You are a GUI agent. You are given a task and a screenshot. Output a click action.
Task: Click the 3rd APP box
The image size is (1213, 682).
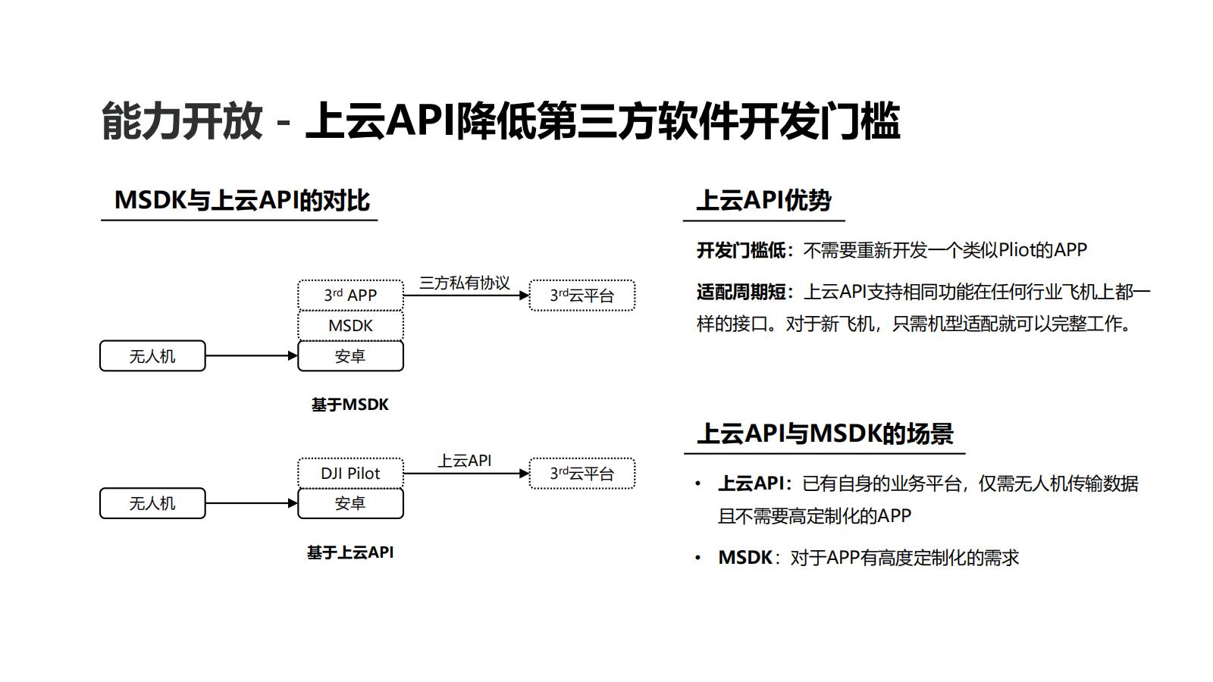point(350,295)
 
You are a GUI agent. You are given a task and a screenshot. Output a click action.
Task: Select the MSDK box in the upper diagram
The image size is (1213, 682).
point(350,326)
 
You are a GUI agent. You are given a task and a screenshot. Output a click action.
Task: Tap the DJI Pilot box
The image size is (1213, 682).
point(350,474)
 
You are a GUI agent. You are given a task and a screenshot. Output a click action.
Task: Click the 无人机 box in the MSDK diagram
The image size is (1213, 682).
point(152,356)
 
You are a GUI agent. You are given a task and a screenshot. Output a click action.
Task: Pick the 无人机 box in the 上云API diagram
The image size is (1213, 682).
point(152,503)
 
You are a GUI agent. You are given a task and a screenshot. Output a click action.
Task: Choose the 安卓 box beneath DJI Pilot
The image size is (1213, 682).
point(350,503)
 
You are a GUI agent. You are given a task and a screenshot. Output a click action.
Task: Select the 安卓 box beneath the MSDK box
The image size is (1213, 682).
point(350,356)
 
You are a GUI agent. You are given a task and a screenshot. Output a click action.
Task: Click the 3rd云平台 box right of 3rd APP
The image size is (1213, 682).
point(581,296)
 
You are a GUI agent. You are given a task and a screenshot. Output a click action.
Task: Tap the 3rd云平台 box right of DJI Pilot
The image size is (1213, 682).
point(581,474)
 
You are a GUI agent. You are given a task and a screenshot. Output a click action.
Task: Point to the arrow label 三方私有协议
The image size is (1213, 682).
point(465,283)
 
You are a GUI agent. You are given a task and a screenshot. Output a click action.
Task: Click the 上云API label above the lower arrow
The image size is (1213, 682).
point(465,460)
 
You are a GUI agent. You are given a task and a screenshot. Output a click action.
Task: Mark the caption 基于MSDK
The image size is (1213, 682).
point(349,405)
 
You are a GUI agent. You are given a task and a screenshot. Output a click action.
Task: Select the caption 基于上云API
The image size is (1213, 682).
point(349,552)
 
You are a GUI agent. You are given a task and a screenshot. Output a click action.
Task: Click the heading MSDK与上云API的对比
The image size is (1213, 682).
point(242,200)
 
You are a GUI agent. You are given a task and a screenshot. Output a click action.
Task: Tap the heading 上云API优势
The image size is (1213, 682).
point(763,200)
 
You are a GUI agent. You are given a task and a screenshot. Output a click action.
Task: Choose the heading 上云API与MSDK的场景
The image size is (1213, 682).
point(825,433)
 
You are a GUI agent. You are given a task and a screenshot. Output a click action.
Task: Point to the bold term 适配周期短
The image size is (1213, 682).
point(741,292)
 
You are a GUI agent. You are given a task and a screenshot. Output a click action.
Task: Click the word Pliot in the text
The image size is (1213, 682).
point(1017,250)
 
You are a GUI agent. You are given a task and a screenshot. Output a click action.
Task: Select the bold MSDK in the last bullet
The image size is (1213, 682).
point(744,558)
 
